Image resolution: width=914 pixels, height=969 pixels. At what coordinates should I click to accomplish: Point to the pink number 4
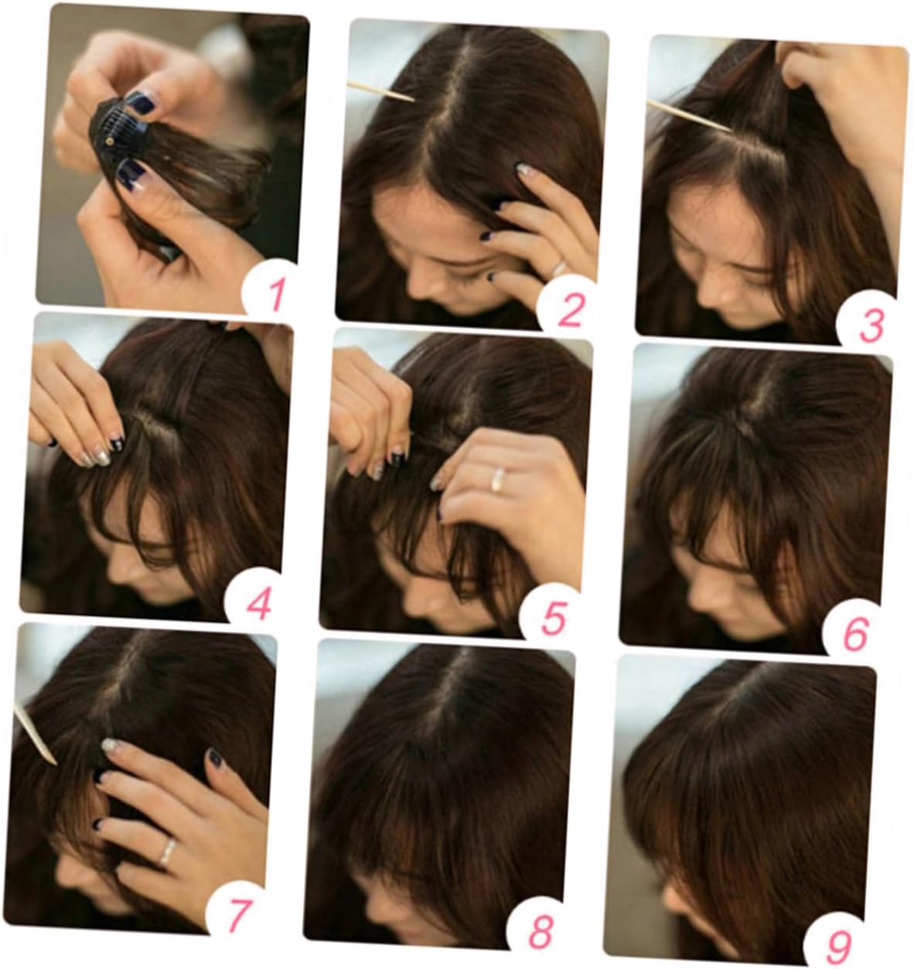pyautogui.click(x=258, y=604)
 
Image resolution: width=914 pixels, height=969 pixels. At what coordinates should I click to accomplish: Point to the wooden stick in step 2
pyautogui.click(x=380, y=92)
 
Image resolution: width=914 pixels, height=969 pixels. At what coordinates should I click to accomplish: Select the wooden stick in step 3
pyautogui.click(x=690, y=115)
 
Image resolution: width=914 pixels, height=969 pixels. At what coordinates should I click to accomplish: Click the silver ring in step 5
pyautogui.click(x=498, y=479)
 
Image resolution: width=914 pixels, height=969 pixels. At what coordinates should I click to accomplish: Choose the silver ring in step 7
pyautogui.click(x=167, y=851)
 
